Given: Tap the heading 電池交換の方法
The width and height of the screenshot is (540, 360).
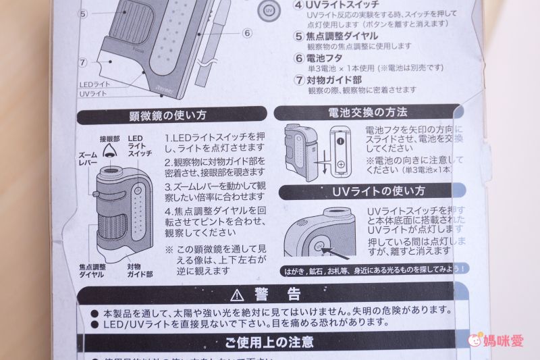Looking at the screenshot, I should [369, 111].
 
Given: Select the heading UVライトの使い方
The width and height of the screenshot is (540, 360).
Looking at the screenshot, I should [368, 190].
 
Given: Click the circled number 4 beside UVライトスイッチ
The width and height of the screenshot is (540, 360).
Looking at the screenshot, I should [299, 4].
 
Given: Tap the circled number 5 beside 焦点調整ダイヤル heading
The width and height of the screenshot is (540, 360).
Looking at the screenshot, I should [299, 36].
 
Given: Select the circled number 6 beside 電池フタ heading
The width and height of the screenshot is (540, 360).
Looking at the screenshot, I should [299, 58].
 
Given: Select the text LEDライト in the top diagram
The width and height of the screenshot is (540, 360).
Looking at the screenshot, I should [94, 84].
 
